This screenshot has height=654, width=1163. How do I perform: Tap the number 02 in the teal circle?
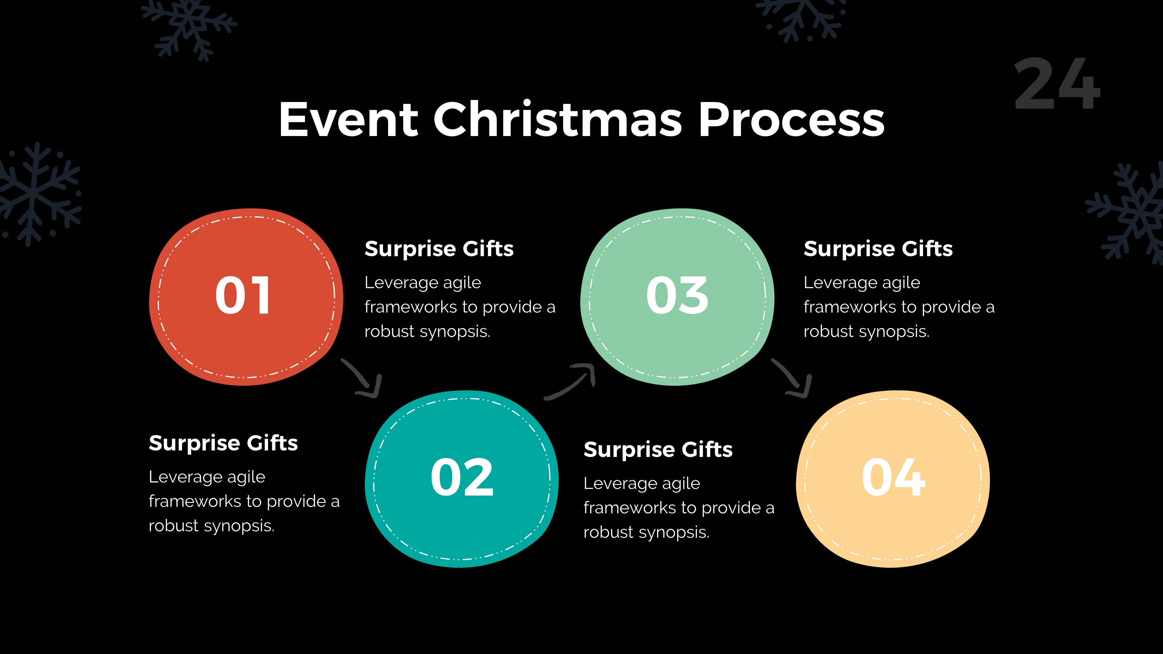pos(462,478)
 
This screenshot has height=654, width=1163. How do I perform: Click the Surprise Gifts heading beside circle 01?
pos(439,249)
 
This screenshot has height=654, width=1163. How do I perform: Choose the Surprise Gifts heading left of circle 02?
pos(223,443)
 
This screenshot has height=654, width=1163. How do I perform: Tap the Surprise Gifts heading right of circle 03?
pos(878,249)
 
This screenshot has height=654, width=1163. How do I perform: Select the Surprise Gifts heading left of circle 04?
pos(658,450)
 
